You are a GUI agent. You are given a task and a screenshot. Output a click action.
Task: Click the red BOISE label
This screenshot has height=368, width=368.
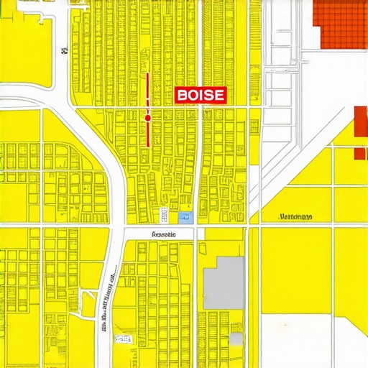pos(201,94)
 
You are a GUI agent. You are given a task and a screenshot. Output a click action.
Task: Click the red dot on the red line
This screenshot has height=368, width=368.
pos(147,116)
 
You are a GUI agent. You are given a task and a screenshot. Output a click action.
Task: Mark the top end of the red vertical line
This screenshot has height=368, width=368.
pos(147,73)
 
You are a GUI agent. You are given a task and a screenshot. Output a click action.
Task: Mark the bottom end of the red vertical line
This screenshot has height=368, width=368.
pos(147,146)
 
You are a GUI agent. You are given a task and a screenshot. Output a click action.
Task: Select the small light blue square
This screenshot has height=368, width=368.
pos(185,216)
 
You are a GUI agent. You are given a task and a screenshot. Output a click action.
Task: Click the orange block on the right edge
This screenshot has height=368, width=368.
pos(361,131)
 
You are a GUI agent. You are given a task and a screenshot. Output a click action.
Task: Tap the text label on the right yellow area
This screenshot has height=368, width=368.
pos(295,216)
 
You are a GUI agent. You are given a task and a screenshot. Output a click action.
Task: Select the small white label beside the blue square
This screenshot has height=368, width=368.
pos(164,215)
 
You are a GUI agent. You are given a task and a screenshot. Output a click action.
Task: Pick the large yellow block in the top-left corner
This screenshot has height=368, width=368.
pos(26,43)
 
